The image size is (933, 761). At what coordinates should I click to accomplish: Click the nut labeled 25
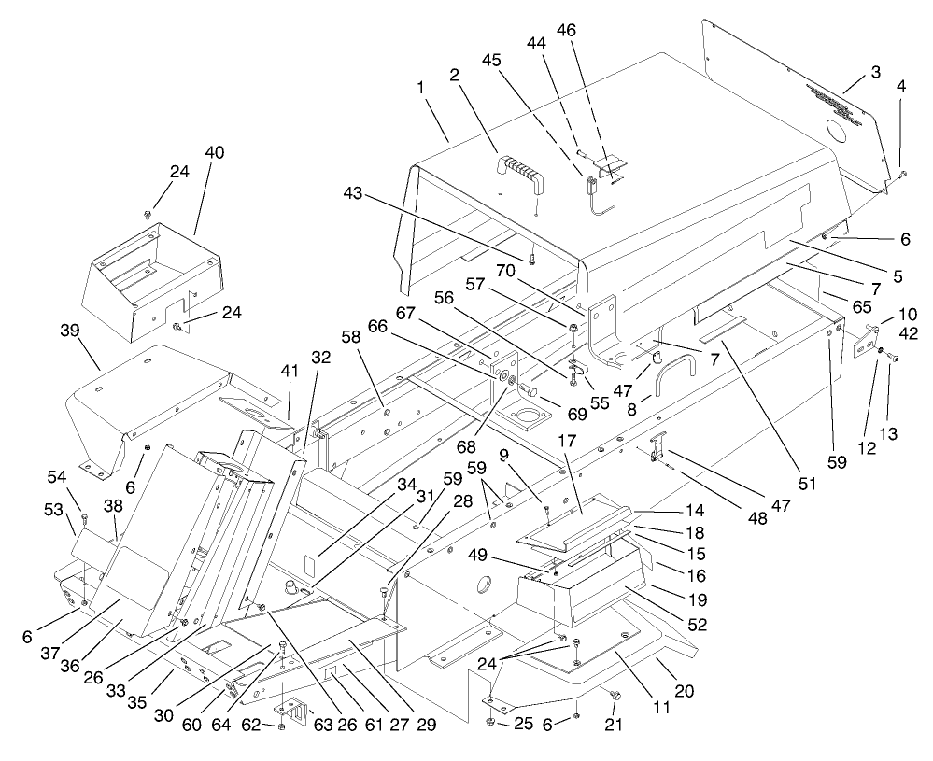pos(491,722)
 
